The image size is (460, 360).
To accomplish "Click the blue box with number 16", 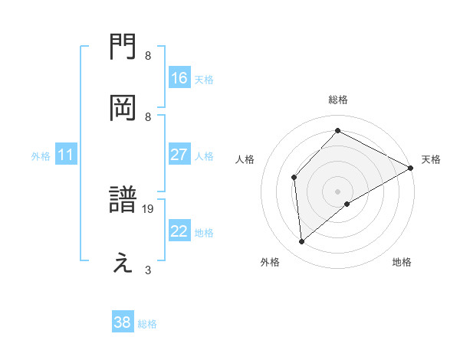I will tap(179, 78).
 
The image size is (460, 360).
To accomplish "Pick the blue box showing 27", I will tap(179, 155).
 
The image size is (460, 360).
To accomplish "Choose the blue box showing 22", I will tap(179, 231).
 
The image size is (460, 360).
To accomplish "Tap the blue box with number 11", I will tap(66, 155).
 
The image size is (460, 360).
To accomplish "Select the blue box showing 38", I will tap(123, 322).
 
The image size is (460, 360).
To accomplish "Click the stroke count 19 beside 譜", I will tap(149, 208).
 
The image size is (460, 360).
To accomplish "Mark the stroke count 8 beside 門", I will tap(148, 55).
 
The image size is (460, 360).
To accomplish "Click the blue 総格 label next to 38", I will tap(147, 323).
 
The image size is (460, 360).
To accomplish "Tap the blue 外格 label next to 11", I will tap(41, 155).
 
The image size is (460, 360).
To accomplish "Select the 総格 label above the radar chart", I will tap(338, 100).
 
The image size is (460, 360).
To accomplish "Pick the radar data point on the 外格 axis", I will tap(302, 242).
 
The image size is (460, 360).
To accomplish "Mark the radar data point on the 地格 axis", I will tap(347, 204).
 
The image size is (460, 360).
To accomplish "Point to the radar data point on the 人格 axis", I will tap(294, 178).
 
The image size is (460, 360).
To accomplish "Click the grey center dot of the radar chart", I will tap(338, 191).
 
